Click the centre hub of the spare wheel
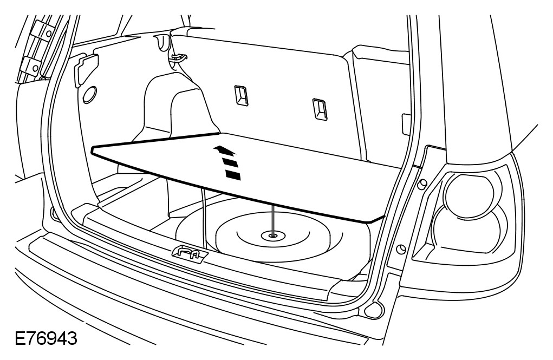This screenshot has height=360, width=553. click(x=271, y=235)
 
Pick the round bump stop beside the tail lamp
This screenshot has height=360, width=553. click(x=400, y=248)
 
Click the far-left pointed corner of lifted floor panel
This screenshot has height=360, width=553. click(x=95, y=147)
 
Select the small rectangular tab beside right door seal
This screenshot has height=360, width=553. click(x=405, y=121)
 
